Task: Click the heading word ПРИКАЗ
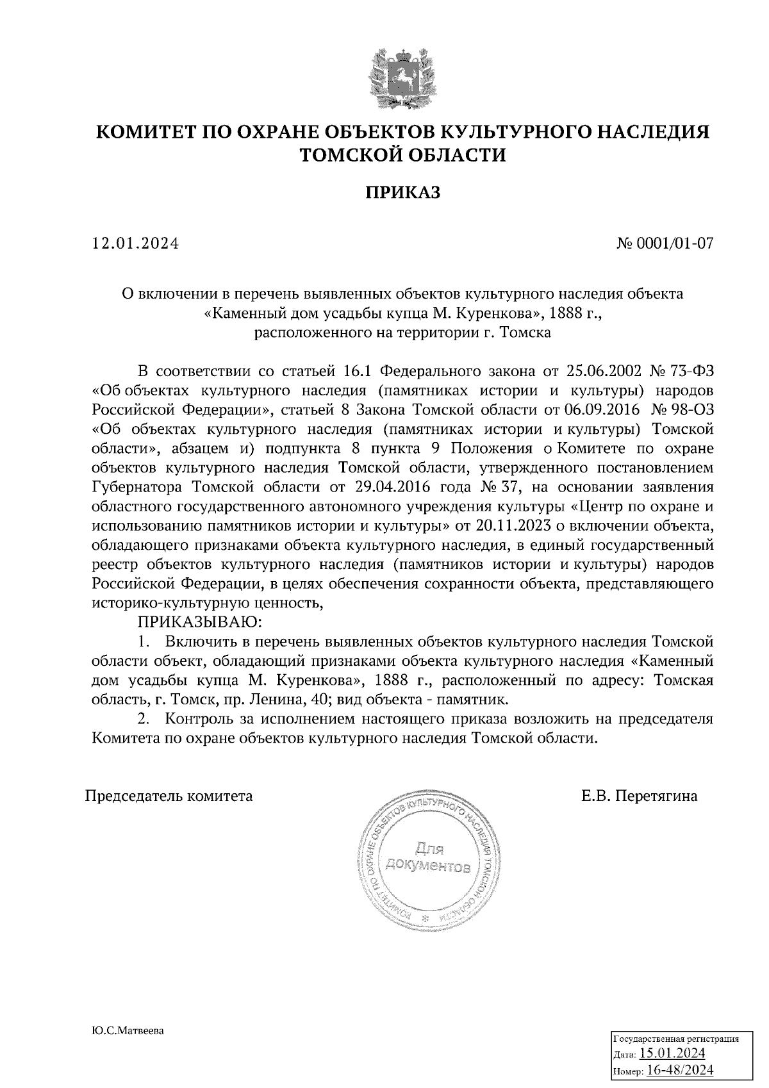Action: (x=403, y=192)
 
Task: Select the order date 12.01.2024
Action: (x=135, y=243)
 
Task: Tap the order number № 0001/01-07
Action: (x=665, y=243)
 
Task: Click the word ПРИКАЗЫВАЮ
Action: (x=198, y=621)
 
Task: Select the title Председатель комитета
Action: (x=169, y=796)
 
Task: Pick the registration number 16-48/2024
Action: (x=680, y=1070)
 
